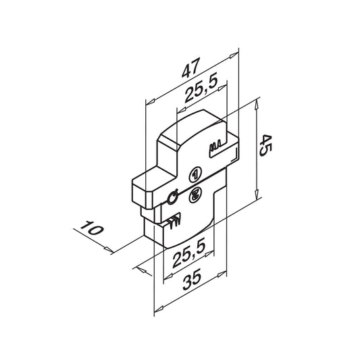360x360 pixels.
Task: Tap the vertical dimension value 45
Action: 265,146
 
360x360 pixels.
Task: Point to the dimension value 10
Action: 92,228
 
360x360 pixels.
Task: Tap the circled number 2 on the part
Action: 195,195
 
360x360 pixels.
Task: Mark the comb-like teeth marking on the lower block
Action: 174,221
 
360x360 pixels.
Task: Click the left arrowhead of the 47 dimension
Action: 151,102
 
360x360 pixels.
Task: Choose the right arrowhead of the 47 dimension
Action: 234,55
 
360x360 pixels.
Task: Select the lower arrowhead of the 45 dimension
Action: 257,194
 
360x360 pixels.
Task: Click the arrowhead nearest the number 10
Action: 109,249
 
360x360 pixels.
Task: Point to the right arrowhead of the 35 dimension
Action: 222,274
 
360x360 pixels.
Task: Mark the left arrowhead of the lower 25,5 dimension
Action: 168,276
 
